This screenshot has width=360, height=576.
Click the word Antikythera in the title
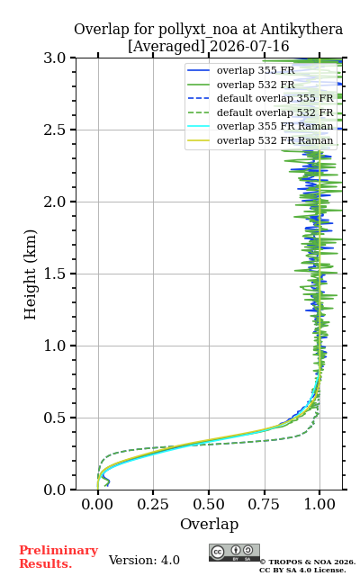pyautogui.click(x=301, y=30)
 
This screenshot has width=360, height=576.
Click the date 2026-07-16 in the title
pyautogui.click(x=249, y=46)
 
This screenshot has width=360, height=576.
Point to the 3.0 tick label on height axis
pyautogui.click(x=55, y=58)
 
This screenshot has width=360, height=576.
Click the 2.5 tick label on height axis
pyautogui.click(x=55, y=130)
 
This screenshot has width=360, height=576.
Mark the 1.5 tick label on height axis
pyautogui.click(x=55, y=274)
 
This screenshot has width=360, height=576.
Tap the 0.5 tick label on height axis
pyautogui.click(x=55, y=418)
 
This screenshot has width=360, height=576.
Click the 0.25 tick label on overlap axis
pyautogui.click(x=153, y=504)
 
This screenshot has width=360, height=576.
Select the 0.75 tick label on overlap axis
pyautogui.click(x=264, y=504)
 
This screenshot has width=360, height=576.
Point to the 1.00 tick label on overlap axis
pyautogui.click(x=319, y=504)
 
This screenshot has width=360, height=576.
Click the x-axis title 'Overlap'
pyautogui.click(x=210, y=524)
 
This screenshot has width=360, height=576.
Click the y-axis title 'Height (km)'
pyautogui.click(x=30, y=274)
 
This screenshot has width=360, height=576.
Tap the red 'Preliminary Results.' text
pyautogui.click(x=58, y=557)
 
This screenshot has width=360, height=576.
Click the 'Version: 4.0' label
pyautogui.click(x=144, y=560)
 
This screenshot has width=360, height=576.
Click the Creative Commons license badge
pyautogui.click(x=234, y=553)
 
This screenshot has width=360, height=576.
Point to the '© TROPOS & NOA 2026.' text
pyautogui.click(x=308, y=562)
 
